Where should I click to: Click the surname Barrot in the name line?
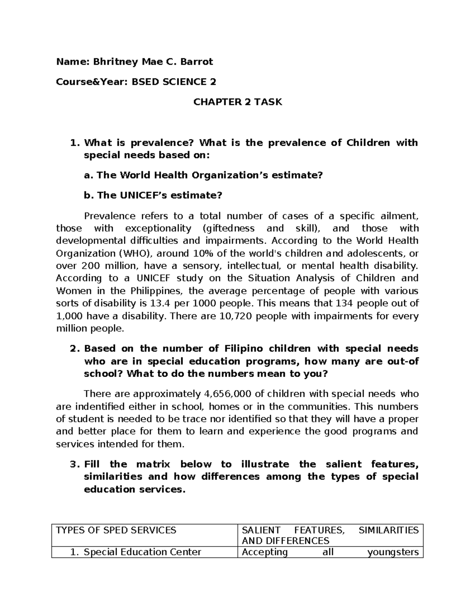point(196,62)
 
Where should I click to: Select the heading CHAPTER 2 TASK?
point(237,102)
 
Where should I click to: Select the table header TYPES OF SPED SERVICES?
point(116,530)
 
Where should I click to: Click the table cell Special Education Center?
point(142,552)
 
